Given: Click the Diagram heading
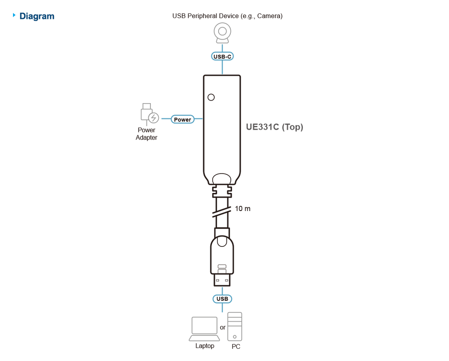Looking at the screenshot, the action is tap(37, 16).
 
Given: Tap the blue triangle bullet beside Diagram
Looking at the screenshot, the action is tap(14, 15).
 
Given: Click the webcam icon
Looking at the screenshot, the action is tap(222, 33).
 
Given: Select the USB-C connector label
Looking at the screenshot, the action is tap(222, 56).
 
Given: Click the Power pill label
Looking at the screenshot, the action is tap(182, 119).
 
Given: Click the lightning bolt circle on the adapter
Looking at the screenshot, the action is tap(154, 118).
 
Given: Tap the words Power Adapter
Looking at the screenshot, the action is tap(146, 134).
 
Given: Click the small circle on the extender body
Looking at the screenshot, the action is tap(211, 97).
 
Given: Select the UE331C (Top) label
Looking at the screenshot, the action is tap(274, 127).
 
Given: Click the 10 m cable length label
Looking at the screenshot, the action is tap(243, 209).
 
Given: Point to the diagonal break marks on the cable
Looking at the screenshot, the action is tap(222, 212).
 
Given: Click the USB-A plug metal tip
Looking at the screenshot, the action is tap(222, 280).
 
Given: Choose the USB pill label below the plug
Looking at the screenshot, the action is tap(222, 299).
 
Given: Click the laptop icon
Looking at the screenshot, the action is tap(204, 329).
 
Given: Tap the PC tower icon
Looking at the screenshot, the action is tap(235, 326).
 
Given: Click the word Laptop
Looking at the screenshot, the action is tap(205, 346).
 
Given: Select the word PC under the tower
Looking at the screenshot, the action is tap(236, 347).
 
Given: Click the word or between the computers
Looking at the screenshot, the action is tap(223, 327).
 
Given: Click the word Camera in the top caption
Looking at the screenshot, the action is tap(269, 16).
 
